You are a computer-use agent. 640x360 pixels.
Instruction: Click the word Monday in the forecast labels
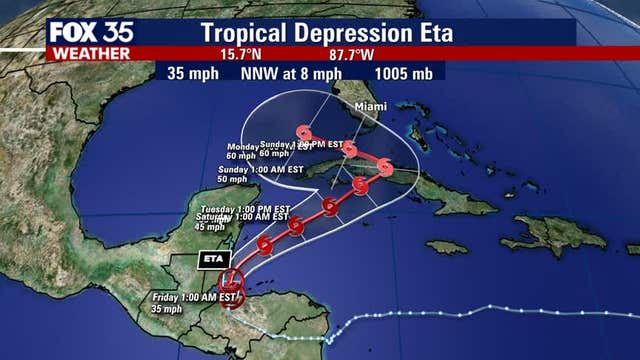tap(241, 146)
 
